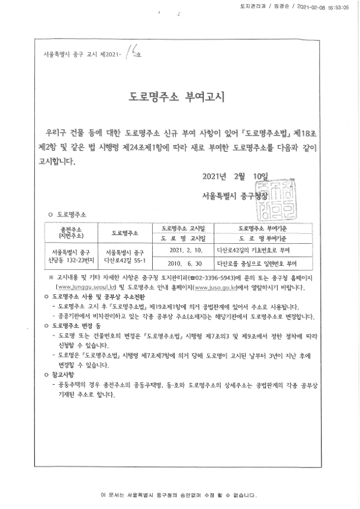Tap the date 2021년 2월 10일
[x=235, y=176]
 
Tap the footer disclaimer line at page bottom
[x=179, y=493]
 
